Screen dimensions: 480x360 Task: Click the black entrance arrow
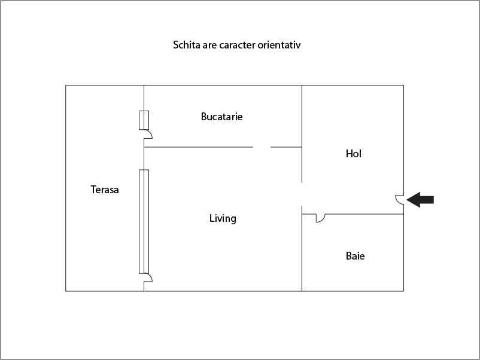tap(420, 200)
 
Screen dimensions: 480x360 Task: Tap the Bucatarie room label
tap(221, 117)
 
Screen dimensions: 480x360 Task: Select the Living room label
tap(223, 218)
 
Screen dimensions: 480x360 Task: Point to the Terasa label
tap(105, 190)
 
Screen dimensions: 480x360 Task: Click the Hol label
tap(354, 154)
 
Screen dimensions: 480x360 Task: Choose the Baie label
tap(355, 256)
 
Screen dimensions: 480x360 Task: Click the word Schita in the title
tap(186, 45)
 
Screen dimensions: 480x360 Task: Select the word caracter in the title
tap(237, 45)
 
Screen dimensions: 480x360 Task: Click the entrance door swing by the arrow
tap(399, 199)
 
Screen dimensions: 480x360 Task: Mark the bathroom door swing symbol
tap(321, 218)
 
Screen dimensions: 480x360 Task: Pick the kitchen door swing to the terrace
tap(148, 134)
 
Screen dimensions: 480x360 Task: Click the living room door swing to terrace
tap(148, 277)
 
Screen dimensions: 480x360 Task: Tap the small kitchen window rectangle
tap(144, 120)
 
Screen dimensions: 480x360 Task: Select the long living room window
tap(144, 221)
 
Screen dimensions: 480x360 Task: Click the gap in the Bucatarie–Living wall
tap(262, 147)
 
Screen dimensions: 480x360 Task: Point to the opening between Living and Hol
tap(302, 194)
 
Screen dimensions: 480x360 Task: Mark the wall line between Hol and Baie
tap(353, 214)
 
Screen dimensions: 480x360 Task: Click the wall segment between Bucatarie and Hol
tap(302, 116)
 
